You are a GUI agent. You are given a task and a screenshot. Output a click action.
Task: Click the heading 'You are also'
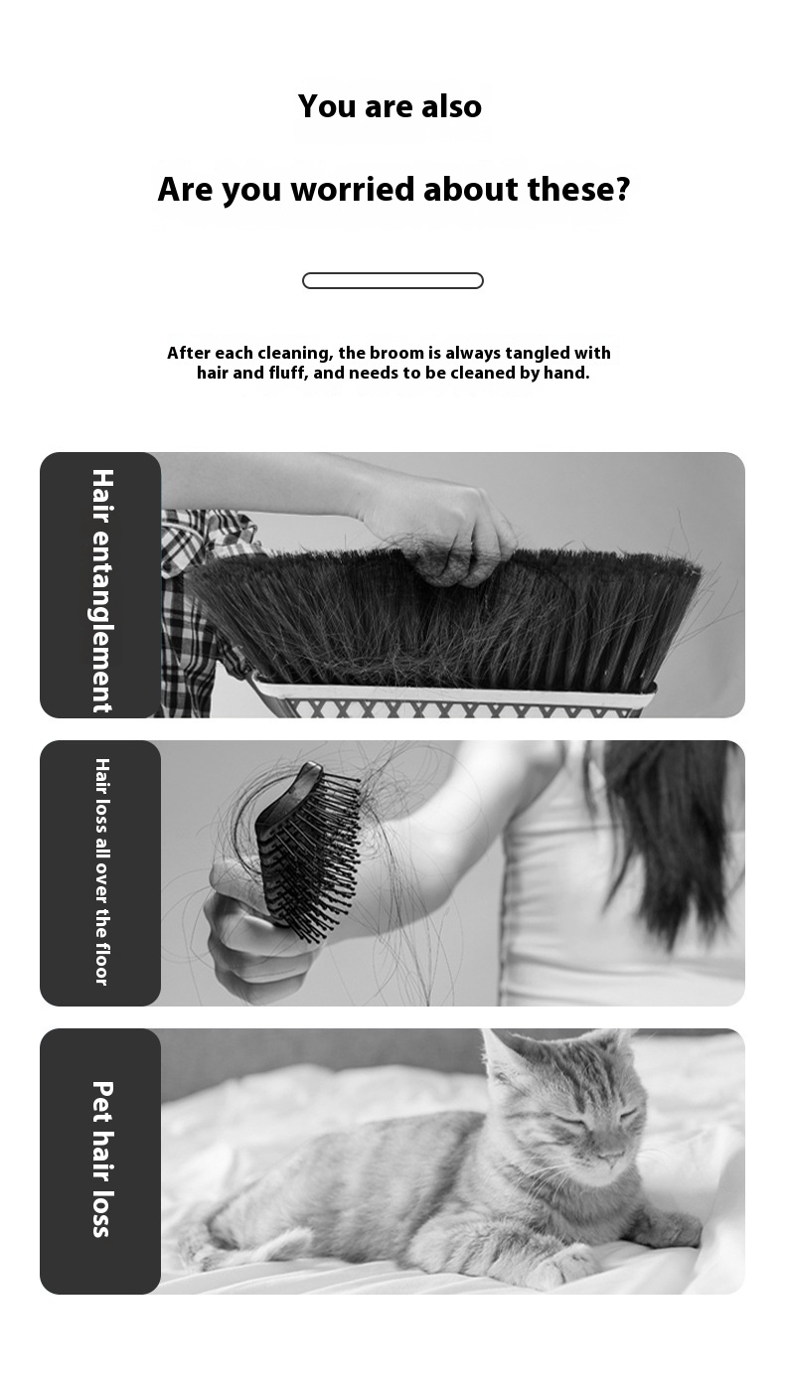390,106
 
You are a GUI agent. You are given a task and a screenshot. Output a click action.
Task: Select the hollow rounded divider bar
392,281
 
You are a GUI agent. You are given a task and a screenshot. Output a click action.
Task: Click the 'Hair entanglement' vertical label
102,590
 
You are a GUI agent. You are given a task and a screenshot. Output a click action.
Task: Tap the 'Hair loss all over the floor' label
102,872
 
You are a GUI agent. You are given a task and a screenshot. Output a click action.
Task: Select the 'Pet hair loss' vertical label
102,1159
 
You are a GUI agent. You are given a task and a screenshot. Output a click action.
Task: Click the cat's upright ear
505,1059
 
